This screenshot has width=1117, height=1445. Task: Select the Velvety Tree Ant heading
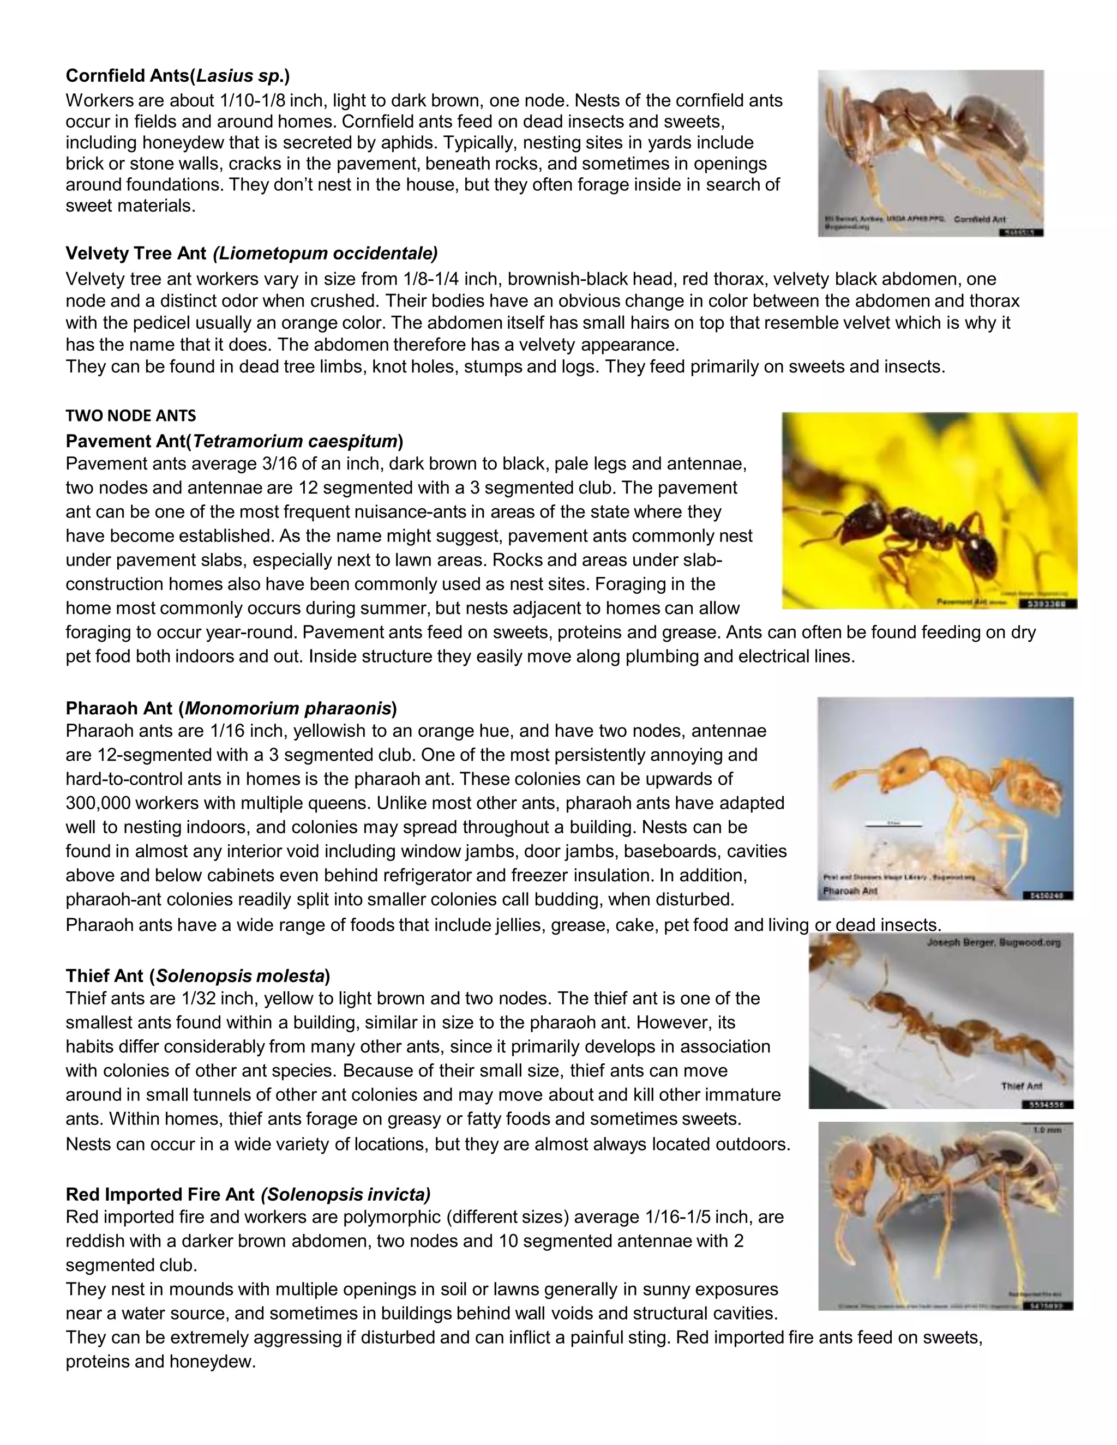tap(251, 254)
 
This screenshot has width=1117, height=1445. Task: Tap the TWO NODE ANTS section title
tap(130, 416)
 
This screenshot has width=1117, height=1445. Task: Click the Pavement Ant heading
tap(234, 441)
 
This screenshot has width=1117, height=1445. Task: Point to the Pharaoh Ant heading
tap(231, 709)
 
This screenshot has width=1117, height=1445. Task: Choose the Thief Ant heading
tap(197, 976)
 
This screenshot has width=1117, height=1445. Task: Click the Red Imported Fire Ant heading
tap(248, 1194)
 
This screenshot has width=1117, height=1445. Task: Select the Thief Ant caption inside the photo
tap(1022, 1086)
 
